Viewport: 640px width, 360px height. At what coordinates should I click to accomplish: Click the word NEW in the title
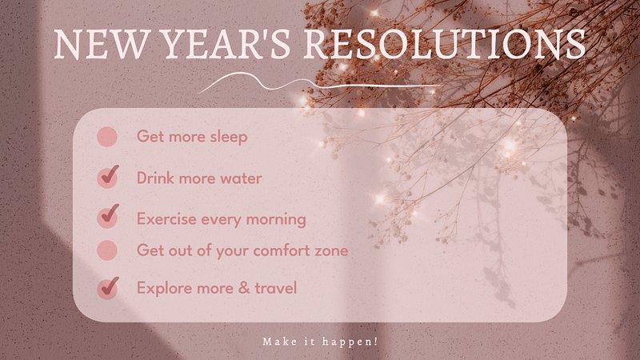(x=99, y=44)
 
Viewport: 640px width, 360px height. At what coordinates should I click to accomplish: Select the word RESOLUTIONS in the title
(x=444, y=44)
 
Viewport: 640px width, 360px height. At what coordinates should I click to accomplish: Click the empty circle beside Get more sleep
(x=107, y=137)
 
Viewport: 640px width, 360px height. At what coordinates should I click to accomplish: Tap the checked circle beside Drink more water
(x=108, y=178)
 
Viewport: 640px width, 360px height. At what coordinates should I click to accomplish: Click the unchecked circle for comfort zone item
(x=107, y=250)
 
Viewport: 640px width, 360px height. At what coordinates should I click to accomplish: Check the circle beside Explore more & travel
(x=108, y=288)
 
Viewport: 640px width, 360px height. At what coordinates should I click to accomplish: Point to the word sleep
(x=229, y=137)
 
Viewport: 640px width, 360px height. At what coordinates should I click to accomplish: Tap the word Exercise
(x=166, y=218)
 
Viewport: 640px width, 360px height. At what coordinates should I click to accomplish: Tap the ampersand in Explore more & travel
(x=244, y=288)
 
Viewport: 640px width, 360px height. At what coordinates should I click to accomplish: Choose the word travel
(x=275, y=288)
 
